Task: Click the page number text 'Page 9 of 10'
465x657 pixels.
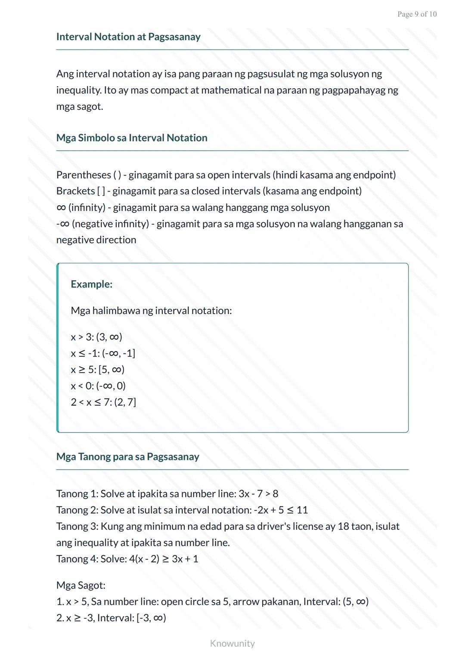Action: coord(417,14)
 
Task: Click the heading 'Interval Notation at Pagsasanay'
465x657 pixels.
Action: coord(128,37)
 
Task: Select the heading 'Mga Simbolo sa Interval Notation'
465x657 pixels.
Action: coord(132,138)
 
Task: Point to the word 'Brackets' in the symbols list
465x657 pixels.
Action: coord(75,191)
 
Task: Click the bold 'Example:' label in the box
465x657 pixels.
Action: coord(91,284)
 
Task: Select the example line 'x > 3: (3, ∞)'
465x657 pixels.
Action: coord(96,337)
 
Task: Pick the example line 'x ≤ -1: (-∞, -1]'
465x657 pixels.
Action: coord(103,353)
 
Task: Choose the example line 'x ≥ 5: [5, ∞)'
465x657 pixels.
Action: coord(98,370)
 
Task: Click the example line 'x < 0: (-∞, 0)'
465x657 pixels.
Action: coord(98,386)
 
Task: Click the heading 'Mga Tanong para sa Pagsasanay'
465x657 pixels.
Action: coord(127,457)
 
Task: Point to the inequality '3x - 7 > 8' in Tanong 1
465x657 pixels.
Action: coord(258,494)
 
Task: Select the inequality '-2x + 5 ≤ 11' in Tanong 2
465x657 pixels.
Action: coord(281,510)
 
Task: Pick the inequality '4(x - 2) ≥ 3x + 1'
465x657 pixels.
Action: coord(164,559)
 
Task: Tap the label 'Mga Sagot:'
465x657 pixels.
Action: coord(81,586)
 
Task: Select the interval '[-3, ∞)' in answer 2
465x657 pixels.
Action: coord(151,618)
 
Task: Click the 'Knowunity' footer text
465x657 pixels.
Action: coord(232,643)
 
